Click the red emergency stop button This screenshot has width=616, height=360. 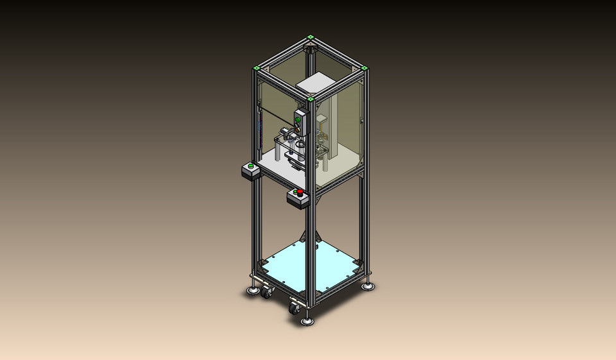tap(299, 193)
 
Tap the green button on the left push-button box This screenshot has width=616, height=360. tap(250, 166)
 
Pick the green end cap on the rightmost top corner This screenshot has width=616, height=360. tap(364, 67)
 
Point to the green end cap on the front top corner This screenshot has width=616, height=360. tap(311, 99)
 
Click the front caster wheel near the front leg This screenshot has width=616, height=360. tap(295, 307)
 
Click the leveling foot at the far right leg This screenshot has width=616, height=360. tap(368, 286)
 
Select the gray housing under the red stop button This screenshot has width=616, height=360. tap(298, 200)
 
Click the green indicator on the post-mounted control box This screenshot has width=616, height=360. tap(298, 119)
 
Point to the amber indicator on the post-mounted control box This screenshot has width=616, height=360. tap(298, 126)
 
